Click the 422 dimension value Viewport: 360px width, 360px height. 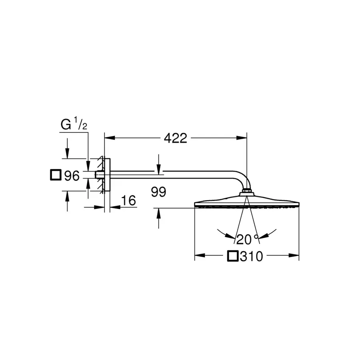click(x=176, y=138)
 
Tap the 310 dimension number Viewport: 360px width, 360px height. click(x=251, y=256)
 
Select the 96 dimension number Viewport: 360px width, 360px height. click(x=72, y=176)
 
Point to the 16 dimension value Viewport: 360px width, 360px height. click(x=128, y=200)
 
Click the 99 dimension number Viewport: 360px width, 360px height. click(x=158, y=192)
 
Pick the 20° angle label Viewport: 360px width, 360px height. click(x=248, y=240)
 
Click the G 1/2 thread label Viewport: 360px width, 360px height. click(x=74, y=124)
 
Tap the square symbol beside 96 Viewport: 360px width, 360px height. click(x=56, y=175)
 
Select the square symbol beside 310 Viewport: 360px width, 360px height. click(x=233, y=256)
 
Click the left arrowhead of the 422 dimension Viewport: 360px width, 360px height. click(x=110, y=138)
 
